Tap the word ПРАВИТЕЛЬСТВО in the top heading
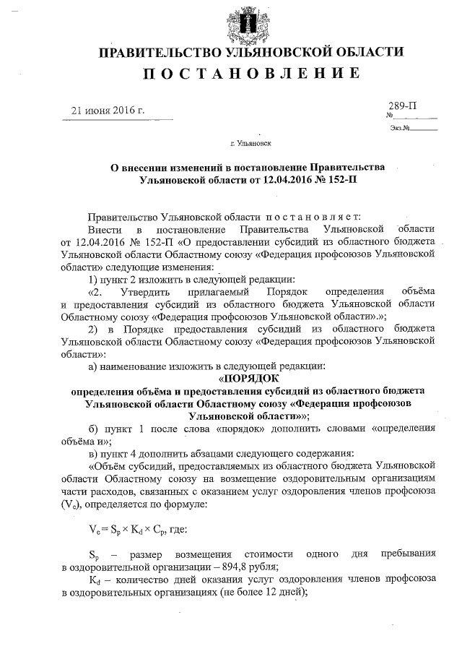(156, 52)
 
